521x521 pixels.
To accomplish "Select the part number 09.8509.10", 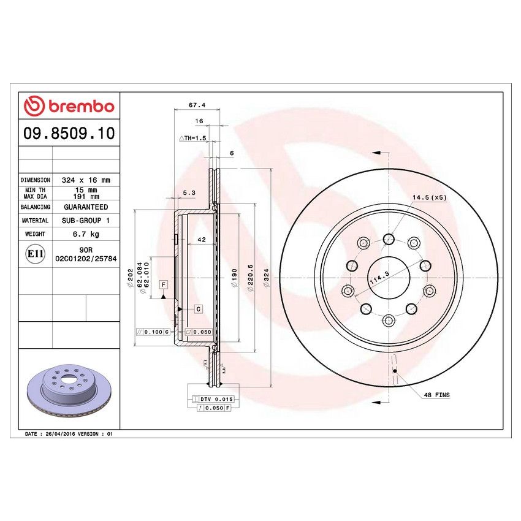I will click(69, 134).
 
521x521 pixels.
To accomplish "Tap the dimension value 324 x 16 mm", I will click(85, 180).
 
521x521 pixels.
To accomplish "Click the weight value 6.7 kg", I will click(85, 234).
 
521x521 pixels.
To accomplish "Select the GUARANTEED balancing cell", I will click(85, 207).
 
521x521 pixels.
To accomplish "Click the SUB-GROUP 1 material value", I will click(85, 220).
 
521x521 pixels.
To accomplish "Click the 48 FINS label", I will click(436, 395).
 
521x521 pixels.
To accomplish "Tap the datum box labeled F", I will click(164, 284).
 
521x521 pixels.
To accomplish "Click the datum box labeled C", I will click(199, 309).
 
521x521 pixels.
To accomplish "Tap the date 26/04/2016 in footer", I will click(61, 433).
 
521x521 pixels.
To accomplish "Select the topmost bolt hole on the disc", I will click(388, 238).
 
